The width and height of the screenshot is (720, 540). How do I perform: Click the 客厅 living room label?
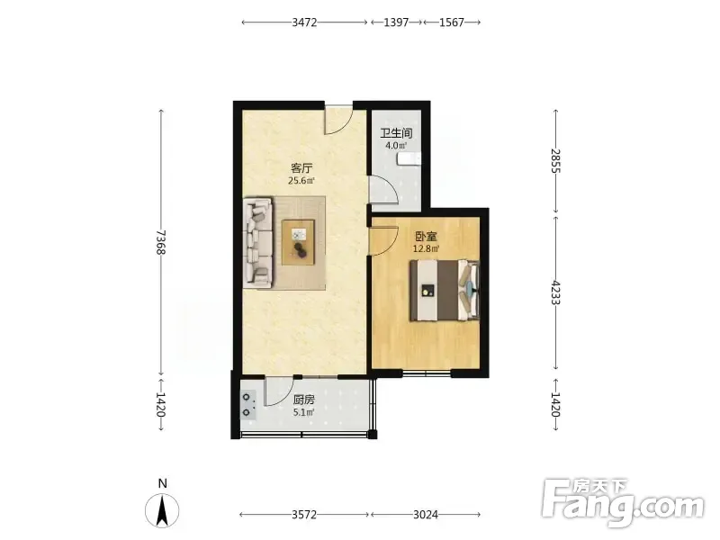point(301,168)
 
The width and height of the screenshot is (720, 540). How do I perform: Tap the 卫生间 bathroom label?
point(396,133)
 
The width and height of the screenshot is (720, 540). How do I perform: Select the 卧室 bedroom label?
point(426,237)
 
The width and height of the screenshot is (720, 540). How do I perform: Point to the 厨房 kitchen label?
point(304,400)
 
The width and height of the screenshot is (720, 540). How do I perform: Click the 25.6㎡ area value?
point(301,181)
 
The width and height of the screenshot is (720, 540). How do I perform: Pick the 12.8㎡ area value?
point(426,249)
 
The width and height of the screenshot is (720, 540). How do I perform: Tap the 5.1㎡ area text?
point(304,412)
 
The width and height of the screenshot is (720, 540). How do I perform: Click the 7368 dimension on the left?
point(161,242)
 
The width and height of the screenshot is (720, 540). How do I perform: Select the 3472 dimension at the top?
point(304,22)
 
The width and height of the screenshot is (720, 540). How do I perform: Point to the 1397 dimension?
point(396,22)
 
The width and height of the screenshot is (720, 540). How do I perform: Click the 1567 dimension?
point(452,22)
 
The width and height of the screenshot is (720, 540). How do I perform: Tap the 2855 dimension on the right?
point(555,160)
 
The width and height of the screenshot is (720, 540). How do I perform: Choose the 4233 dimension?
point(555,292)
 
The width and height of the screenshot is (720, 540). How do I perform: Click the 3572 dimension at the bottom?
point(304,515)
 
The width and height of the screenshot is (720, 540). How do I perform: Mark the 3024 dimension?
point(426,515)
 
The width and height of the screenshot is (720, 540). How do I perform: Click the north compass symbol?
point(162,510)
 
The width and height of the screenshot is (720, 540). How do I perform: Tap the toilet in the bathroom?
point(409,159)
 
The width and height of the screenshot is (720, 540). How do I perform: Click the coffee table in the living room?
point(299,242)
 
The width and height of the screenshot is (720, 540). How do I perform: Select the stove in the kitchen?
point(248,405)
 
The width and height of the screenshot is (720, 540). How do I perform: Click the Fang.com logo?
point(623,503)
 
